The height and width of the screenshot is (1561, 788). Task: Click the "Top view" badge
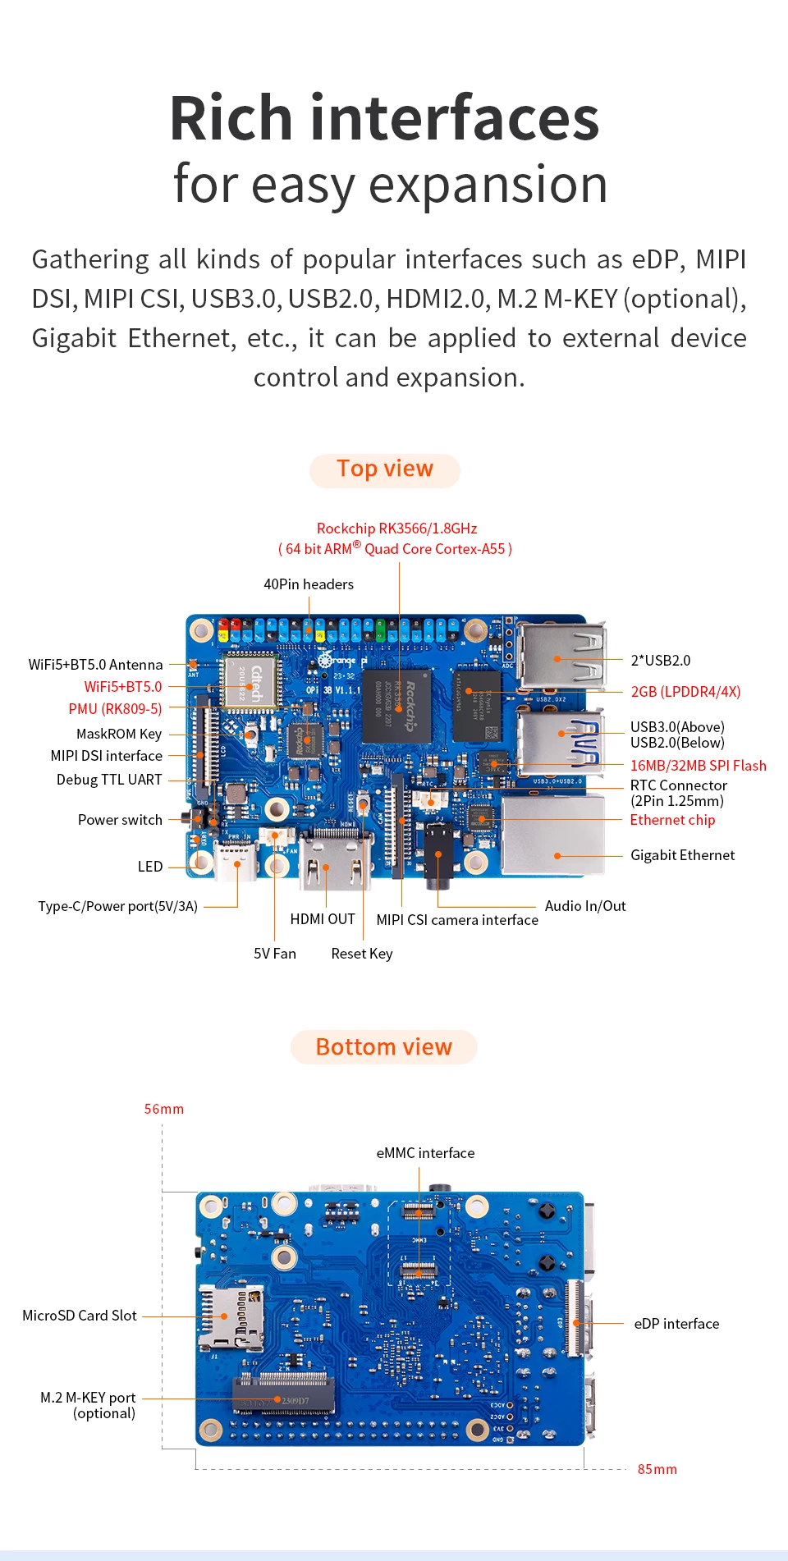pyautogui.click(x=384, y=469)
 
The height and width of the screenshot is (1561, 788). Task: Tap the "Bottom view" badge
pyautogui.click(x=383, y=1047)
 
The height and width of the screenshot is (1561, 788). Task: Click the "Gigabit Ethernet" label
pyautogui.click(x=682, y=855)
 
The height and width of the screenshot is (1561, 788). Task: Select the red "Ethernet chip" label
pyautogui.click(x=672, y=820)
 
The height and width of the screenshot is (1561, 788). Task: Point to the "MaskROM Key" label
pyautogui.click(x=119, y=734)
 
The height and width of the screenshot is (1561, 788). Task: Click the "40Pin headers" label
pyautogui.click(x=309, y=584)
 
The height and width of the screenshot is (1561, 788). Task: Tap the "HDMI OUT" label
pyautogui.click(x=323, y=919)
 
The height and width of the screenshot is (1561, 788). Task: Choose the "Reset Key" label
pyautogui.click(x=362, y=954)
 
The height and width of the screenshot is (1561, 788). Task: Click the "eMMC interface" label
pyautogui.click(x=425, y=1153)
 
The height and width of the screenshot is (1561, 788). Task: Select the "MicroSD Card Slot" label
pyautogui.click(x=80, y=1316)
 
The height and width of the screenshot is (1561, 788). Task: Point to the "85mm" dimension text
pyautogui.click(x=657, y=1469)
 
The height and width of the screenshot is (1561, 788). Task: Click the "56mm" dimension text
pyautogui.click(x=164, y=1109)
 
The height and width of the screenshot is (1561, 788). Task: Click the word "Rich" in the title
pyautogui.click(x=231, y=118)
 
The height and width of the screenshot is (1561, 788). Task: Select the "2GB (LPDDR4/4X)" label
pyautogui.click(x=685, y=692)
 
